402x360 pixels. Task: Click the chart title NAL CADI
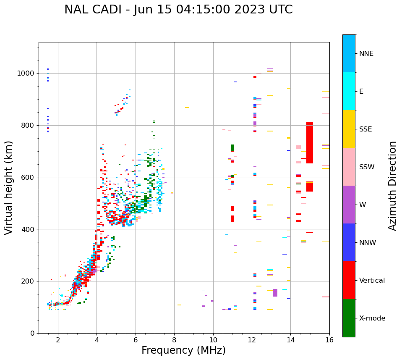[x=178, y=10]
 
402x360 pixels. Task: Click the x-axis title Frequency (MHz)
[x=183, y=350]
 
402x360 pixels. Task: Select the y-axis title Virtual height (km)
[x=9, y=188]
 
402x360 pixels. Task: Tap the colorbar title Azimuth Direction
[x=392, y=186]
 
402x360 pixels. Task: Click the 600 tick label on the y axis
[x=27, y=177]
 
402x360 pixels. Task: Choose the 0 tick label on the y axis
[x=32, y=333]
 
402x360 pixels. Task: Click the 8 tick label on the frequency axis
[x=175, y=340]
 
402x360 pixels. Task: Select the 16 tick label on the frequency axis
[x=329, y=340]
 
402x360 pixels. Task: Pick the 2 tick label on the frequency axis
[x=58, y=340]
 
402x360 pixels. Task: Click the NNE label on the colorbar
[x=366, y=54]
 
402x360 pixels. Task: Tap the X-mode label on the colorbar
[x=372, y=318]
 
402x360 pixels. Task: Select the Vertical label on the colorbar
[x=372, y=281]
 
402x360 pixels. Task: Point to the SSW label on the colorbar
[x=367, y=167]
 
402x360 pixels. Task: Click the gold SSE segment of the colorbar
[x=349, y=129]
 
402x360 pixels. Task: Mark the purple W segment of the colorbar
[x=349, y=205]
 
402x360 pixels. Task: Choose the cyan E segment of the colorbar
[x=349, y=91]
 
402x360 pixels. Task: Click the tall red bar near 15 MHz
[x=310, y=143]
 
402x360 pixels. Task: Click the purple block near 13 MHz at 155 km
[x=275, y=293]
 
